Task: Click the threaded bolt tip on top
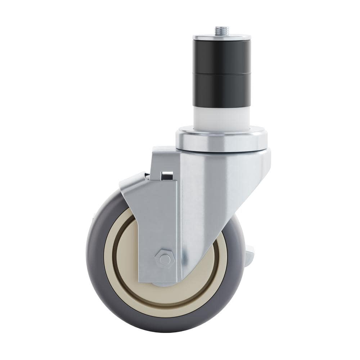coord(222,30)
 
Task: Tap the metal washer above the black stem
coord(222,37)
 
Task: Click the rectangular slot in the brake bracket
coord(167,175)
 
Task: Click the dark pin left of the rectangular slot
coord(147,176)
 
